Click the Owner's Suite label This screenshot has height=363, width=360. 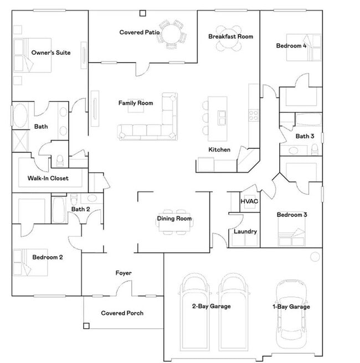click(50, 53)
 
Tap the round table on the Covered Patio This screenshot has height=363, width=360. click(171, 34)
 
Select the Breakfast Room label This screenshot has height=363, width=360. click(230, 37)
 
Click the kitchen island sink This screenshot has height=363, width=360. click(222, 117)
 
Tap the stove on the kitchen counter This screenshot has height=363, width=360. click(254, 116)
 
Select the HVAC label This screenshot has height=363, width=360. click(249, 202)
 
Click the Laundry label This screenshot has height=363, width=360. click(245, 231)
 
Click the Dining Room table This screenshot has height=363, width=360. click(174, 219)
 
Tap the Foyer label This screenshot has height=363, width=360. click(124, 273)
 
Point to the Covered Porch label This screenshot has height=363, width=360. click(122, 313)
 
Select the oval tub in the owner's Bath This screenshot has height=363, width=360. click(21, 116)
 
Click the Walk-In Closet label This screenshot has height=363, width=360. click(48, 178)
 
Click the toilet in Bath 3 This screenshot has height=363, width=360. click(315, 149)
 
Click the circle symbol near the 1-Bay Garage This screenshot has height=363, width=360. click(315, 257)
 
